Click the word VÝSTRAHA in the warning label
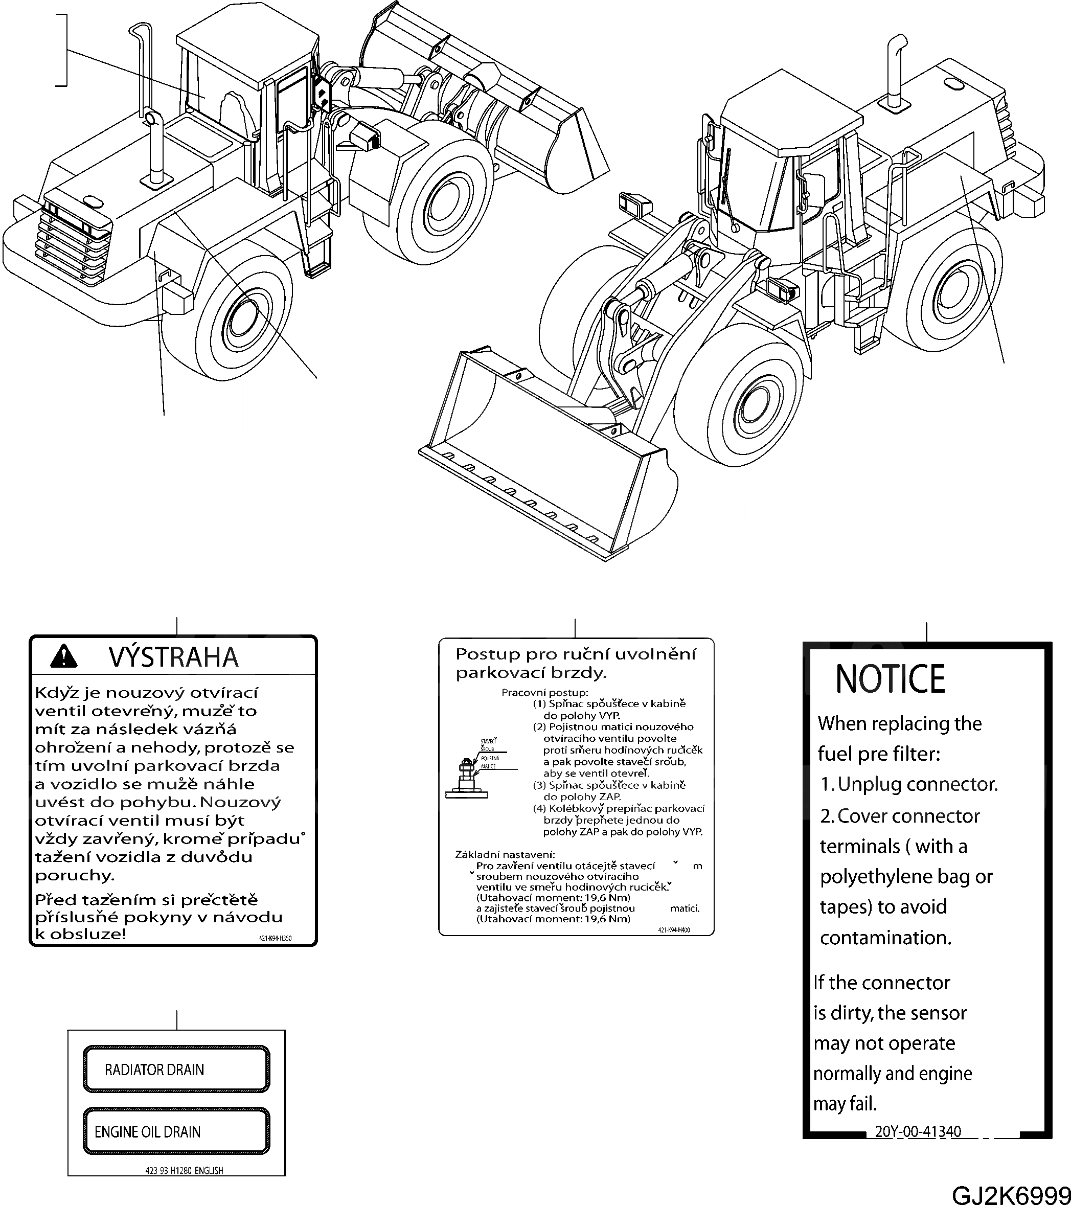(173, 657)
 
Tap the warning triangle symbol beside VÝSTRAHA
(64, 655)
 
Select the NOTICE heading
(890, 679)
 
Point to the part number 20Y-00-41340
(918, 1131)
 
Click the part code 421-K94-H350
(275, 938)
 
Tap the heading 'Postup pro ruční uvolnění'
(575, 654)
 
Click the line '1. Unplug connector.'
(909, 784)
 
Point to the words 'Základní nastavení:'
(505, 854)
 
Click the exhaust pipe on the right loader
(896, 71)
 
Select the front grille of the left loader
(74, 243)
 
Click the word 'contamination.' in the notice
(885, 938)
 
